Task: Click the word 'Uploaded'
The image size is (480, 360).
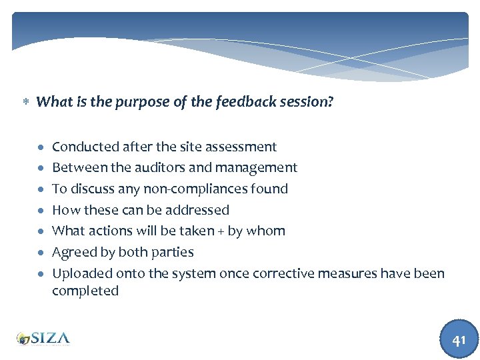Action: [82, 274]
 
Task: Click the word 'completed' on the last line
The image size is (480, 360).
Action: [85, 291]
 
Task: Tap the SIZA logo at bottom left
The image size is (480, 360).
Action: [43, 339]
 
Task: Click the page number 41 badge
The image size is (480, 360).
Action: [459, 339]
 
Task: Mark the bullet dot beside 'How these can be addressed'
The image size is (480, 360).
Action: [41, 211]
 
